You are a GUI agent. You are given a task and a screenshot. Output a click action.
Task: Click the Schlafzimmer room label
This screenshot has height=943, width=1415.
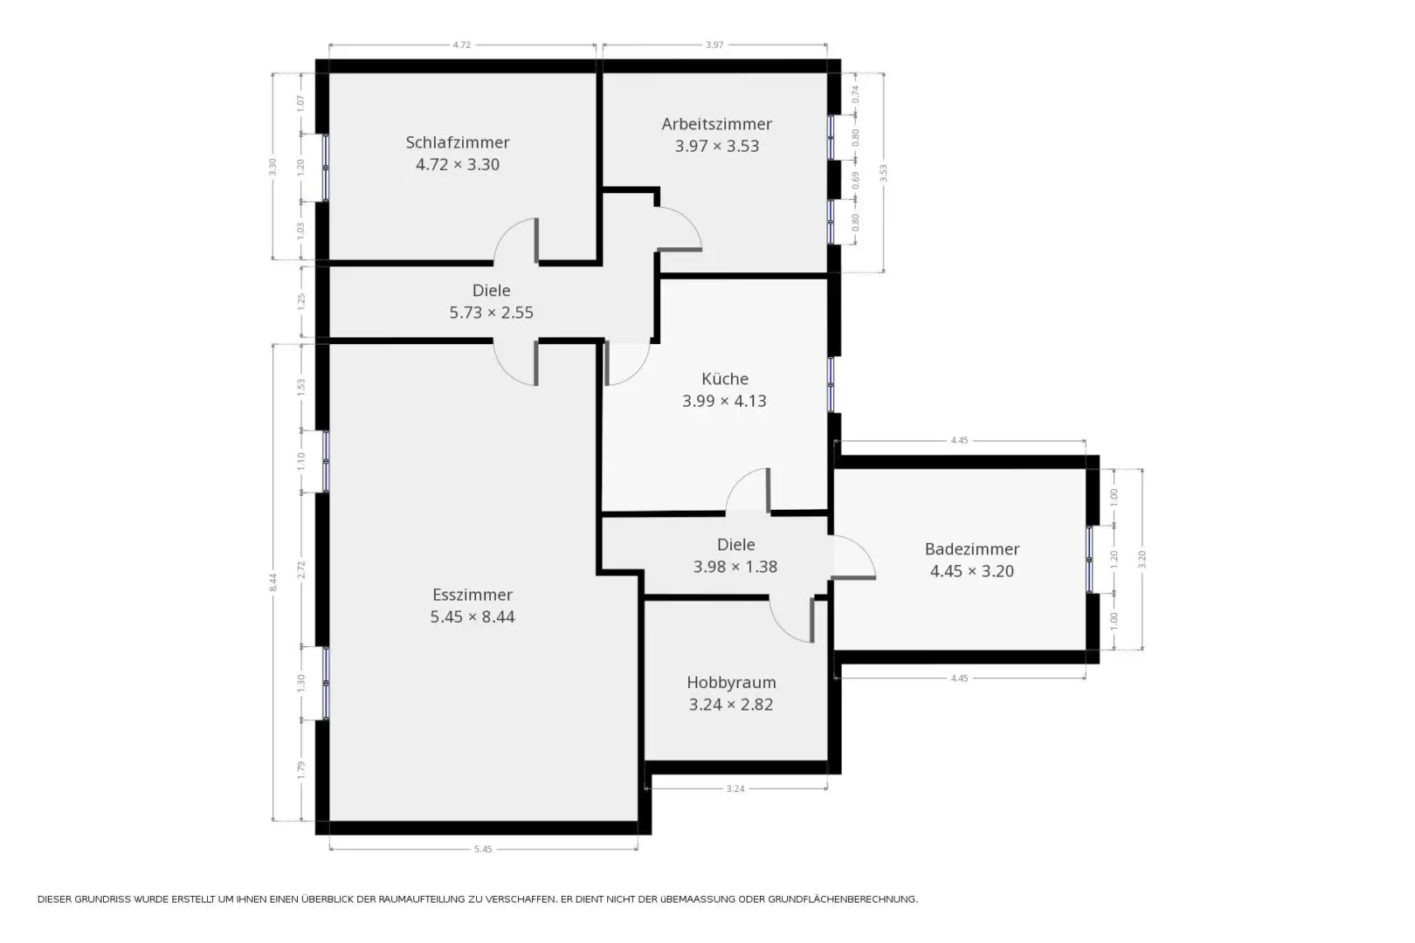point(458,142)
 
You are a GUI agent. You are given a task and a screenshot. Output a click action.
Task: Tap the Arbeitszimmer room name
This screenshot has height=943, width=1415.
point(716,124)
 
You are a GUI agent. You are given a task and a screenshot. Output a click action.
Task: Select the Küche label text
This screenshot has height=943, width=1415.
point(725,378)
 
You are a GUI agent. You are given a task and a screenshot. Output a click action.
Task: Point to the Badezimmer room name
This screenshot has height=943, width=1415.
point(971,549)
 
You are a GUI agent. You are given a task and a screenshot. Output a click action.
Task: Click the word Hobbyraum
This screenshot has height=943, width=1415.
point(731,682)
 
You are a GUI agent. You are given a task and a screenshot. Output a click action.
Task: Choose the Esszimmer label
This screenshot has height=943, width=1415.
point(473,595)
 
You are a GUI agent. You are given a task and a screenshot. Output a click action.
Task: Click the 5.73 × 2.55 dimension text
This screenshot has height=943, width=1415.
point(492,313)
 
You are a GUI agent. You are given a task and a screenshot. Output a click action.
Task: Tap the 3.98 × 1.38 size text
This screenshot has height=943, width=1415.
point(735,567)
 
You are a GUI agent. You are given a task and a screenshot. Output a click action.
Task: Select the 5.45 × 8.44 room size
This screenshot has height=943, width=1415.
point(473,616)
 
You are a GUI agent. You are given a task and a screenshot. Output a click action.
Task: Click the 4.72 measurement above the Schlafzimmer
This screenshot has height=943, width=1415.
point(462,45)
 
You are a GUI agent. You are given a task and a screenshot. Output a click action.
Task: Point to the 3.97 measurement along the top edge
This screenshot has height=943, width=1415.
point(714,45)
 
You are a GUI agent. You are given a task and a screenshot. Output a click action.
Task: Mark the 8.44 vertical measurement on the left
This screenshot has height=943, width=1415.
point(273,582)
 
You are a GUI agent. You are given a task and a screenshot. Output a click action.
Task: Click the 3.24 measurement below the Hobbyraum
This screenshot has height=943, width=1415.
point(735,788)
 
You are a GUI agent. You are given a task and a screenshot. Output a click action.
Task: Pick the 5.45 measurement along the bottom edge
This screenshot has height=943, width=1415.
point(483,849)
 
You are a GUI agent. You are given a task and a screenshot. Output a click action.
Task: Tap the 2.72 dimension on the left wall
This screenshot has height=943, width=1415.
point(301,569)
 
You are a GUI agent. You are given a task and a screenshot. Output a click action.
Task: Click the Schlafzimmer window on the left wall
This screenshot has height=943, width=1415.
point(325,168)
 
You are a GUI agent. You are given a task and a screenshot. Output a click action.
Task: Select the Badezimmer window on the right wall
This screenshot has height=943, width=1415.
point(1089,559)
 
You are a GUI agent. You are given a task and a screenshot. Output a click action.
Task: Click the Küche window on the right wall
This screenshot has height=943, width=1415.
point(831,385)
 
